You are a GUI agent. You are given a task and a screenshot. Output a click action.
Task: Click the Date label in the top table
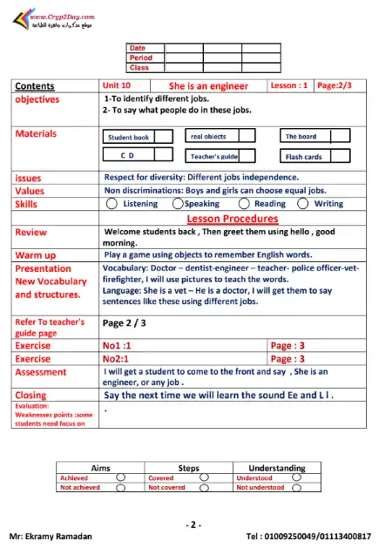point(138,48)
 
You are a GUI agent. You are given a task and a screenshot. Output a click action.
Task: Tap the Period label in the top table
point(140,58)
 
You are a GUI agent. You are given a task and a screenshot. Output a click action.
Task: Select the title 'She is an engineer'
point(208,86)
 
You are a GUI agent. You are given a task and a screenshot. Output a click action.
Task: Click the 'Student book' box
point(128,137)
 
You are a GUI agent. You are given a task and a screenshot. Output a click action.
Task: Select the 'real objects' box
point(209,137)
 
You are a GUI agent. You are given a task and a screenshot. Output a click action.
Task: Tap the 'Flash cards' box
point(304,157)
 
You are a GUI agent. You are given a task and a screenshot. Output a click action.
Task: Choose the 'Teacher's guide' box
point(213,157)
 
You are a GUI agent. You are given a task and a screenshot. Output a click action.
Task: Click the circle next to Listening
point(111,204)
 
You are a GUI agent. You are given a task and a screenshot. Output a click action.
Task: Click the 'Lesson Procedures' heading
point(232,219)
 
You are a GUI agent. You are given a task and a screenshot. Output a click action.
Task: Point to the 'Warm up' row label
point(36,255)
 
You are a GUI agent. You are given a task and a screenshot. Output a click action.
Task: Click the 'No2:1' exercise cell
point(116,358)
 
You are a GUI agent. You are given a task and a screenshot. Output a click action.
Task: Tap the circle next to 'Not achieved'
point(120,488)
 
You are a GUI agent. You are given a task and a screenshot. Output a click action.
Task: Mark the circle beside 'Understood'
point(297,477)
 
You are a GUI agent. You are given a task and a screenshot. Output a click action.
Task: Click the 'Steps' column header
point(188,468)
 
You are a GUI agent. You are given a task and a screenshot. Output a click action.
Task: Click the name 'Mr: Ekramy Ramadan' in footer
point(48,535)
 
